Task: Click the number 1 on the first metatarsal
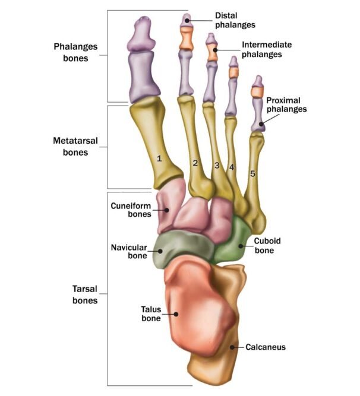pyautogui.click(x=159, y=159)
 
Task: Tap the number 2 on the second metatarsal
pyautogui.click(x=195, y=163)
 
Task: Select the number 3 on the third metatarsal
pyautogui.click(x=217, y=165)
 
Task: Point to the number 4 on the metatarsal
pyautogui.click(x=232, y=167)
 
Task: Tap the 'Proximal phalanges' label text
pyautogui.click(x=286, y=104)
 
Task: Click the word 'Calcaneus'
pyautogui.click(x=266, y=346)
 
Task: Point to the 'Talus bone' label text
pyautogui.click(x=151, y=313)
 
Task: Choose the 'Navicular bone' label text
pyautogui.click(x=128, y=251)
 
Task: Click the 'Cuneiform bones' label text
pyautogui.click(x=130, y=210)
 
